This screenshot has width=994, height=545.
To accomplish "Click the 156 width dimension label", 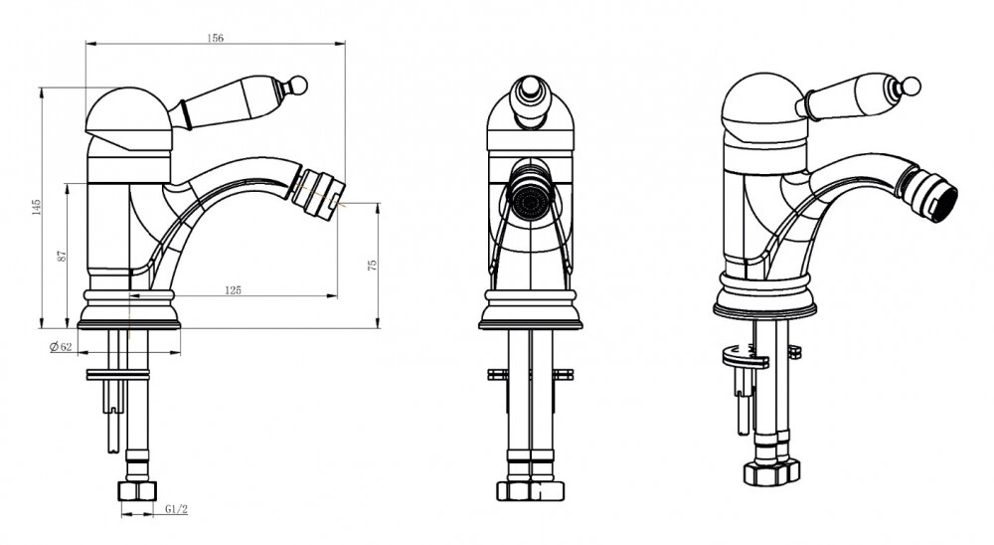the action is (216, 38).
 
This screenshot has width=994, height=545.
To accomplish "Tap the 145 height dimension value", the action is (36, 207).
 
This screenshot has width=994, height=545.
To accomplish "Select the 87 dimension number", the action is (62, 256).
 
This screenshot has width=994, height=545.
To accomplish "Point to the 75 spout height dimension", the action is (373, 265).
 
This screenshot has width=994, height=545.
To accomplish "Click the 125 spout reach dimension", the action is (234, 290).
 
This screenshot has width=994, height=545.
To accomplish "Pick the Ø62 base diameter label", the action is (61, 346).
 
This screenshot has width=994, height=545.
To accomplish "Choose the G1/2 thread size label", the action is (176, 509).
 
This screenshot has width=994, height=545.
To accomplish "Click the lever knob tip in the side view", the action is (298, 85).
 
